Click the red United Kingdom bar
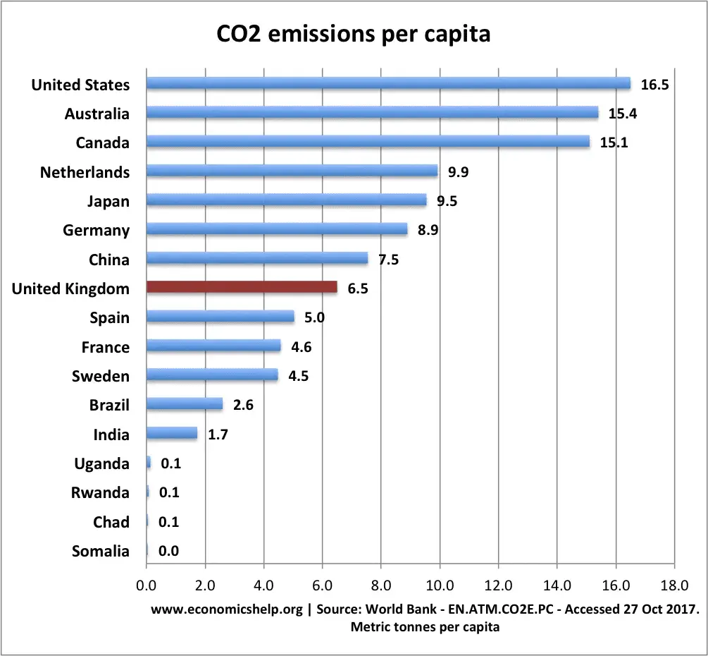coord(242,288)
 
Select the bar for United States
coord(388,84)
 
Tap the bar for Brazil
coord(185,405)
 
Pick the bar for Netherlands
coord(292,171)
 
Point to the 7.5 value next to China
coord(389,260)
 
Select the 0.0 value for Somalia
coord(168,552)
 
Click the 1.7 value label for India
coord(218,435)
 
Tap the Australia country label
coord(97,114)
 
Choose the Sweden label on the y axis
coord(101,376)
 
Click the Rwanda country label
coord(101,492)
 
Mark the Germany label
coord(97,230)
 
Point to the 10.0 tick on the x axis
coord(440,585)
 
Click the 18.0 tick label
coord(674,585)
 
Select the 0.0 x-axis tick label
coord(147,585)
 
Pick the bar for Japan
coord(286,201)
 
